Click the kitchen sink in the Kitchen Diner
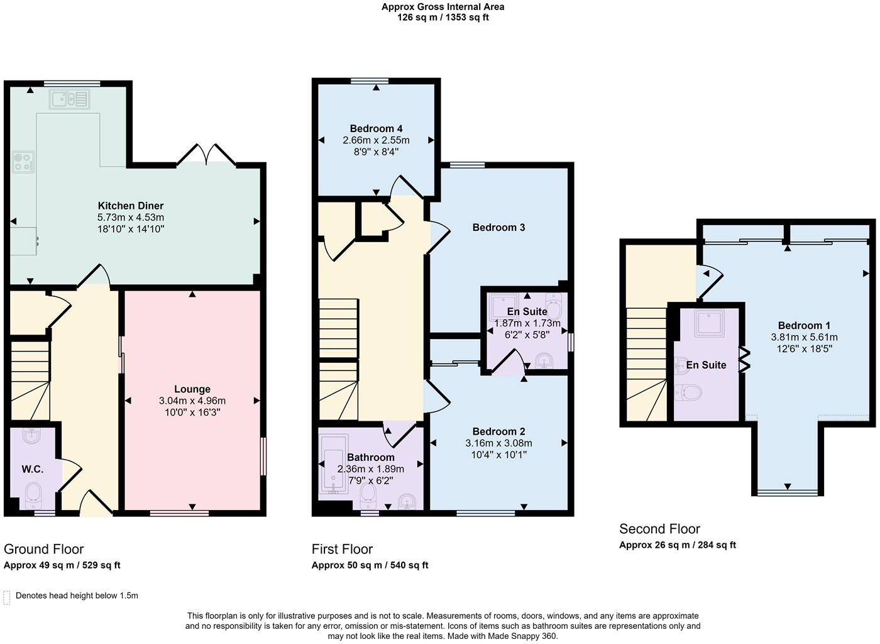tap(69, 99)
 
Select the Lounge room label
tap(192, 389)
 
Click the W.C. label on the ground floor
tap(33, 469)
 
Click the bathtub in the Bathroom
tap(334, 464)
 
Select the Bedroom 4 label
tap(376, 128)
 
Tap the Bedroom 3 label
tap(498, 227)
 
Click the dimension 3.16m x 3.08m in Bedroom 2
tap(498, 443)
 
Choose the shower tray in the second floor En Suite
tap(709, 323)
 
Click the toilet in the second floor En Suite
tap(689, 392)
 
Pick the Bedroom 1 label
tap(804, 326)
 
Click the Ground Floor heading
tap(43, 549)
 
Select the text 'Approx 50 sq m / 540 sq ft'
tap(370, 565)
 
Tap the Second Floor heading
tap(659, 529)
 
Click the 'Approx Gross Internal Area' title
tap(443, 7)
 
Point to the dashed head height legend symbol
tap(7, 597)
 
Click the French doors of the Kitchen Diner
tap(206, 155)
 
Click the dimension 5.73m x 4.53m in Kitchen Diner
tap(131, 218)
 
